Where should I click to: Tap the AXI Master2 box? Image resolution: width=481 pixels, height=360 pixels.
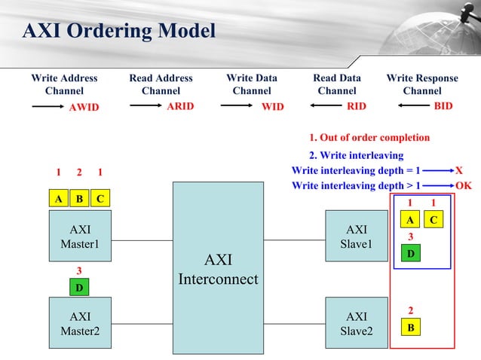[79, 324]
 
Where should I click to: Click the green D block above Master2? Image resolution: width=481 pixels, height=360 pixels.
[78, 287]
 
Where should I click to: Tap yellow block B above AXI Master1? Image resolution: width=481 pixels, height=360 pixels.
[78, 199]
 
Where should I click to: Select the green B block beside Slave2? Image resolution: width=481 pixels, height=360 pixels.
[410, 328]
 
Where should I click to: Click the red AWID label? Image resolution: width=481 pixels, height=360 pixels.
[84, 108]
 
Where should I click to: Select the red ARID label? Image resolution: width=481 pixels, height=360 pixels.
[180, 107]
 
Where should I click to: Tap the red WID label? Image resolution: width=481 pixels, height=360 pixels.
[272, 108]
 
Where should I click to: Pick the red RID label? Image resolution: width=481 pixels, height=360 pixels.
[357, 107]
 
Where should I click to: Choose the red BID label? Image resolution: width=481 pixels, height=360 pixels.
[443, 106]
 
